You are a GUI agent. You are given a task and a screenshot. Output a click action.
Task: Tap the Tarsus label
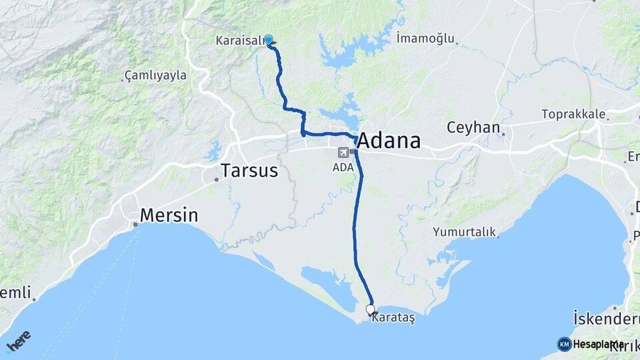pos(249,171)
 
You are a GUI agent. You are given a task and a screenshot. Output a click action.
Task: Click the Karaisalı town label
pos(239,41)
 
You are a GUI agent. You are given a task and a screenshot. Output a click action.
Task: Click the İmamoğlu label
pos(424,37)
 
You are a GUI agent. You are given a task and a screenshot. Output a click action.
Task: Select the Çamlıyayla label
pos(155,75)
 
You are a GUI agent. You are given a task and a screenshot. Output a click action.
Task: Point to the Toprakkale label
pos(573,114)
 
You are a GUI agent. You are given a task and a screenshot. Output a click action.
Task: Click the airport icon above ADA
pos(343,151)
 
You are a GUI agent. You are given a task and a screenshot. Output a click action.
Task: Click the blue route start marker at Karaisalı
pos(269,40)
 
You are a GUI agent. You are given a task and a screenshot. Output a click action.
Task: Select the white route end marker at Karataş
pos(371,309)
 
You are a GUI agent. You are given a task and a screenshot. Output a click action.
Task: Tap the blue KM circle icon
pos(564,344)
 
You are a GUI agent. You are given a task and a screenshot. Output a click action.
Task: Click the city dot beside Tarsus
pos(216,179)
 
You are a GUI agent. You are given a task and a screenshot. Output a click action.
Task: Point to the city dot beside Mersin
pos(135,224)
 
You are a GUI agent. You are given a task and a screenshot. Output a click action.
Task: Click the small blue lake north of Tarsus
pos(214,150)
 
